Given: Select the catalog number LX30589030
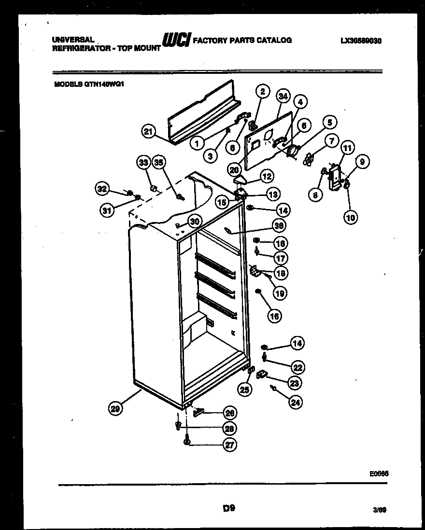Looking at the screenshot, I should click(361, 41).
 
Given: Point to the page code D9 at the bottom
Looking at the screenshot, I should click(228, 508).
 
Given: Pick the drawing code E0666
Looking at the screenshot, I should click(379, 474).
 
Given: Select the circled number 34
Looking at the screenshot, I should click(283, 97).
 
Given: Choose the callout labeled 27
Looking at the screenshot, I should click(230, 446).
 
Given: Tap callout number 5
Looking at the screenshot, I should click(329, 123).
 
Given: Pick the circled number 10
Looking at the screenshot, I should click(351, 217).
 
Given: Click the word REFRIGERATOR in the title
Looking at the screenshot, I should click(76, 49).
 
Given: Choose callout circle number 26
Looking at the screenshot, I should click(230, 413).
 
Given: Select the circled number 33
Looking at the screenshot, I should click(143, 163).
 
